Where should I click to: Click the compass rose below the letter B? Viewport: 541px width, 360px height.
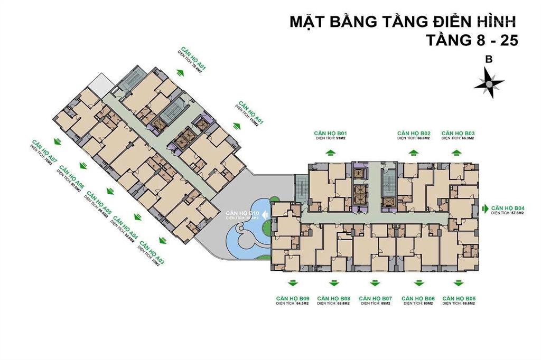tap(489, 83)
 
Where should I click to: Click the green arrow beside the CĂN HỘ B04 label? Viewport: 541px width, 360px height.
tap(486, 210)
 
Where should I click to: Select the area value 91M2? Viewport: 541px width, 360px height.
tap(338, 138)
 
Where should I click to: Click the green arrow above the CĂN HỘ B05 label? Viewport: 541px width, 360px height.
tap(459, 282)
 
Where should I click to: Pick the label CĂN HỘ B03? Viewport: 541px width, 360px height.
tap(458, 133)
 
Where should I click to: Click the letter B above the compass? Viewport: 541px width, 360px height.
tap(489, 60)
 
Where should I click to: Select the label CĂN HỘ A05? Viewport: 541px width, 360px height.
tap(100, 202)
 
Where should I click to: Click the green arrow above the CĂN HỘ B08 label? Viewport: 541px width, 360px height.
tap(333, 282)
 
